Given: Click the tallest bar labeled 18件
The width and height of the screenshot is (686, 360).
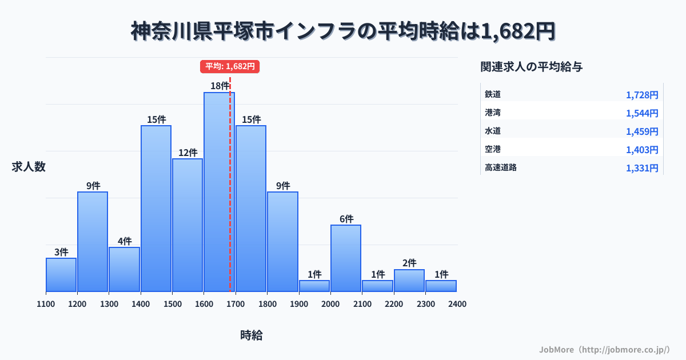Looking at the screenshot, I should click(x=219, y=192).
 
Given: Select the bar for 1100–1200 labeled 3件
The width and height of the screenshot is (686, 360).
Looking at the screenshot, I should click(x=61, y=275).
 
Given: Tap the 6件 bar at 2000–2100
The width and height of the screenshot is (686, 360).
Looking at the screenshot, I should click(x=345, y=258).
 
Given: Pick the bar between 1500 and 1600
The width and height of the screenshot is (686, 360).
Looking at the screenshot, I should click(x=188, y=225).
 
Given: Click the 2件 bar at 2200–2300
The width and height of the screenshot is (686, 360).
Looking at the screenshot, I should click(x=409, y=281).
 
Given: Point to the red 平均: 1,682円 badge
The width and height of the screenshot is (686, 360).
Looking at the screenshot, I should click(x=230, y=66).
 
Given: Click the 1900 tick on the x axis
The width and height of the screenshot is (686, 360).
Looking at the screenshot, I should click(x=298, y=304).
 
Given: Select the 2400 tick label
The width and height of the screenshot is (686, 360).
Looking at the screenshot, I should click(x=457, y=304).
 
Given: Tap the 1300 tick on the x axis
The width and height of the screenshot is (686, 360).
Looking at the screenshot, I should click(x=109, y=304).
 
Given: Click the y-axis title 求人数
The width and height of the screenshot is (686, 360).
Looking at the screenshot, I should click(x=29, y=167).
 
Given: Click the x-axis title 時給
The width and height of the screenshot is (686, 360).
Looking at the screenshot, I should click(x=251, y=335).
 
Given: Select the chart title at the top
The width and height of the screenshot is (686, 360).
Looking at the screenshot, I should click(x=343, y=31).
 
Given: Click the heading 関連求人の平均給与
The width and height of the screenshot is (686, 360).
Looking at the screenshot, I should click(x=532, y=67).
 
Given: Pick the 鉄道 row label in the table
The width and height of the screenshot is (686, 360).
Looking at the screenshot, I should click(x=493, y=94).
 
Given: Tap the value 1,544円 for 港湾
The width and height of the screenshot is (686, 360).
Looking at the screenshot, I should click(x=641, y=113).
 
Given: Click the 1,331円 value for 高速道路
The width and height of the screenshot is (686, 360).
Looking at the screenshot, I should click(x=641, y=168).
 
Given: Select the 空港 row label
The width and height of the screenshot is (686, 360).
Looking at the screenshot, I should click(x=493, y=149).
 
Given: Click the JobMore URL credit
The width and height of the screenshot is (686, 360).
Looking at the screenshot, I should click(x=604, y=349).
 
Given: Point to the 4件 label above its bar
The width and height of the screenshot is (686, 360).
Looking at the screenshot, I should click(x=125, y=241).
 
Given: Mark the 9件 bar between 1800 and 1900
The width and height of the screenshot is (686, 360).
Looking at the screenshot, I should click(x=282, y=242).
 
